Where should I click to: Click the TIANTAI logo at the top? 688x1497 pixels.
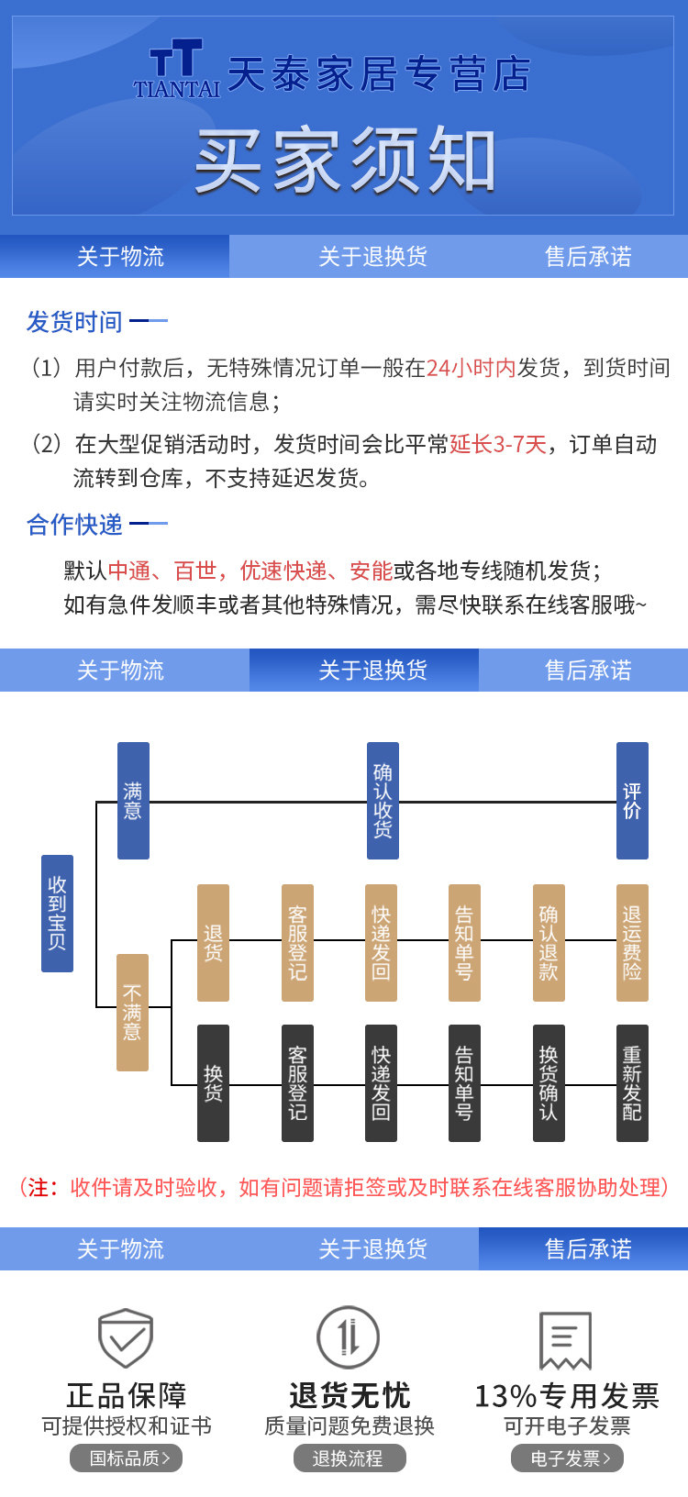[x=176, y=70]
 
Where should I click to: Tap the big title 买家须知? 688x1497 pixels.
[x=345, y=161]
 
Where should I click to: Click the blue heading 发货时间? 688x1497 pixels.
[x=74, y=322]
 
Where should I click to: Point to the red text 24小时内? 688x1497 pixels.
[x=472, y=368]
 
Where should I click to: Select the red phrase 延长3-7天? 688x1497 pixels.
[x=498, y=445]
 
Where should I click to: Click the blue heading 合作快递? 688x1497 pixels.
[x=74, y=525]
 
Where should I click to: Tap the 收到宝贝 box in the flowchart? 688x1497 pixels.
[x=57, y=914]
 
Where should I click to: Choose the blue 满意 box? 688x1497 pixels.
[x=133, y=801]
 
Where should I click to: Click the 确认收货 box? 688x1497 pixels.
[x=383, y=801]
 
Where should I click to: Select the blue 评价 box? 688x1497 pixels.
[x=632, y=801]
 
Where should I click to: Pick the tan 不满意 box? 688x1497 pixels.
[x=132, y=1013]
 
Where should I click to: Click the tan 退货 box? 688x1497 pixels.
[x=213, y=943]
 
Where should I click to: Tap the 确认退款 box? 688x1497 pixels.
[x=549, y=943]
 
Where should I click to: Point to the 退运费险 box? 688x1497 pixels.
[x=632, y=943]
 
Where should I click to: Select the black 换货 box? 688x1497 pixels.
[x=213, y=1083]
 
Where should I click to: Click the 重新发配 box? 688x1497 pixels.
[x=632, y=1083]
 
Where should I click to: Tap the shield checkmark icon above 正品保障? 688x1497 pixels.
[x=126, y=1338]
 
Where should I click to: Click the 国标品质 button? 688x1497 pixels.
[x=127, y=1458]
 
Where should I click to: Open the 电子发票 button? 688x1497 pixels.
[x=567, y=1458]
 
